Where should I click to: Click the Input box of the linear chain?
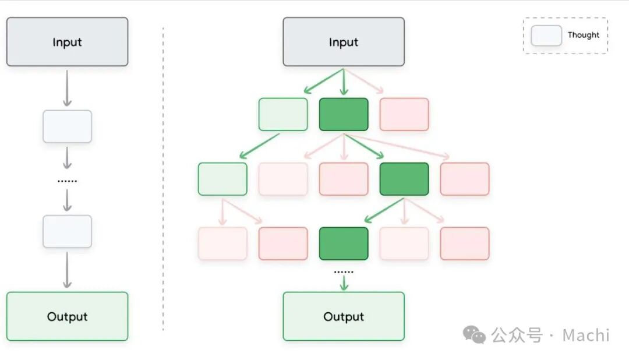coord(67,42)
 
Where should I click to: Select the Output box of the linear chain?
coord(67,316)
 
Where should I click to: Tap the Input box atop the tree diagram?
coord(344,42)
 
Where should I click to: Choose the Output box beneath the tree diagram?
coord(344,316)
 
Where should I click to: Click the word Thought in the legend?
coord(583,35)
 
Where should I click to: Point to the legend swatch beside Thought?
coord(546,36)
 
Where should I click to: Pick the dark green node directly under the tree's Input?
coord(344,114)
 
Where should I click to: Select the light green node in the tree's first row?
coord(283,114)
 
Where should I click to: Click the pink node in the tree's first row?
coord(404,114)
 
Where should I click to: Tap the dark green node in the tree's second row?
coord(404,179)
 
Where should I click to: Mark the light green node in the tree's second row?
coord(222,179)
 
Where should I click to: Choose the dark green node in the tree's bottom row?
coord(344,243)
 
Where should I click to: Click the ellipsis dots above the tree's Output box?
coord(344,272)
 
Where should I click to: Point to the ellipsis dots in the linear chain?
coord(67,181)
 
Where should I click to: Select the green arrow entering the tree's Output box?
coord(344,283)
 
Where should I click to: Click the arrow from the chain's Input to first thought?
coord(67,89)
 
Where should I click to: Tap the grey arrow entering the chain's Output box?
coord(67,270)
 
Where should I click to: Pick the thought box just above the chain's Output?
coord(67,232)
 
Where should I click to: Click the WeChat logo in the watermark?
coord(474,334)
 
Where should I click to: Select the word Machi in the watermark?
coord(586,335)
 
